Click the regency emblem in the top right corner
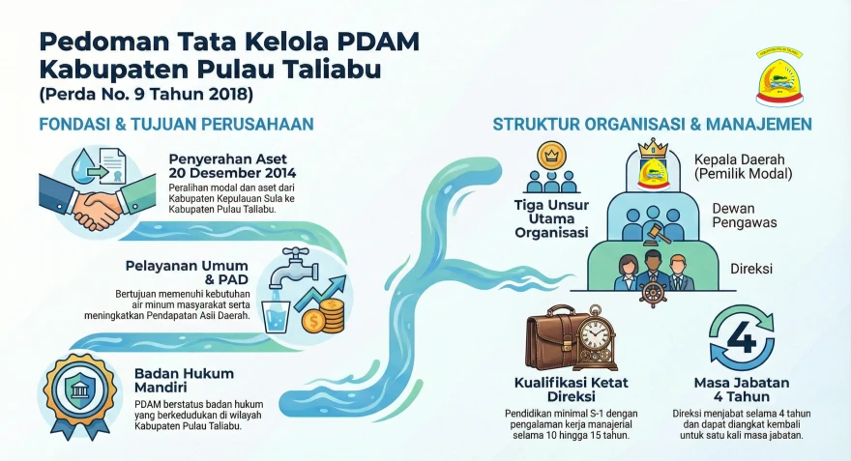780,76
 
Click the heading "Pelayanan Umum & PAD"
188,273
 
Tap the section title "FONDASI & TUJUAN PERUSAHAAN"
176,125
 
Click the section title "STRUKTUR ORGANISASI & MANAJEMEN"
652,125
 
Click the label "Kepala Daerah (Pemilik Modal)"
743,166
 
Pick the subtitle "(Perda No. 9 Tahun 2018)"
146,95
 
